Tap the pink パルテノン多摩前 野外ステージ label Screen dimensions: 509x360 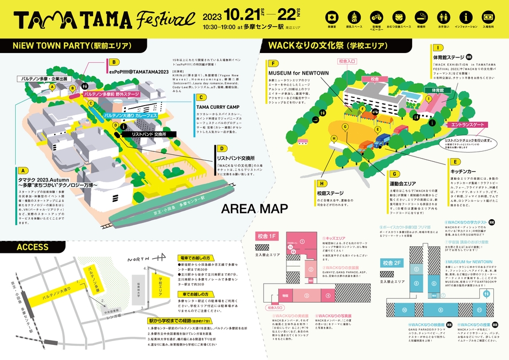click(x=119, y=94)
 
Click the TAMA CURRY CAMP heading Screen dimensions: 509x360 click(x=220, y=107)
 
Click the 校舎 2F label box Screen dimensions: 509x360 click(x=391, y=263)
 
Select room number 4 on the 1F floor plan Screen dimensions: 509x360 click(x=329, y=296)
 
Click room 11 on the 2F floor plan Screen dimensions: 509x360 click(x=486, y=293)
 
